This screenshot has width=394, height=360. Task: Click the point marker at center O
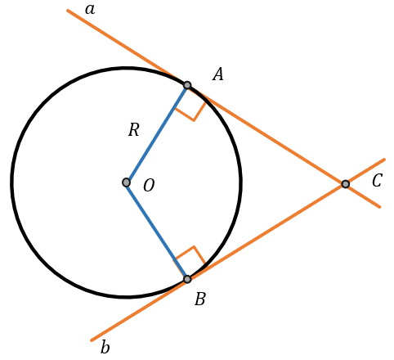[126, 182]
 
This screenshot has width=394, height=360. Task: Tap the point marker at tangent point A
[187, 85]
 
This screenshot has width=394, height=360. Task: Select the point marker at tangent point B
[187, 279]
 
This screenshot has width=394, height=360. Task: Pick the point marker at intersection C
[346, 184]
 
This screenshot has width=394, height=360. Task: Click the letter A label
[218, 74]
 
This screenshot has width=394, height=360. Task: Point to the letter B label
[200, 299]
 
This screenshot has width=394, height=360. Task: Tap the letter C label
[377, 181]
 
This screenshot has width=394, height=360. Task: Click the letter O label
[149, 186]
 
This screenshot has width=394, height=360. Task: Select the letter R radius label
[134, 129]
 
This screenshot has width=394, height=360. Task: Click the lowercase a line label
[90, 10]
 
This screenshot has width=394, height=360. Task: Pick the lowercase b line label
[105, 347]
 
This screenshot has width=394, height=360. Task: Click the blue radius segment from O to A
[157, 134]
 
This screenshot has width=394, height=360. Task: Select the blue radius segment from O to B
[157, 231]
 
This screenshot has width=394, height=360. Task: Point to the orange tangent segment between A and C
[266, 135]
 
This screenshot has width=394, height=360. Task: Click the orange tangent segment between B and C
[266, 232]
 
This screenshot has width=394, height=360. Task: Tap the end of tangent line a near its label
[68, 11]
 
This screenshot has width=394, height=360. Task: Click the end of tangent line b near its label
[92, 340]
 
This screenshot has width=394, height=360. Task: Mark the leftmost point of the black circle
[11, 182]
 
